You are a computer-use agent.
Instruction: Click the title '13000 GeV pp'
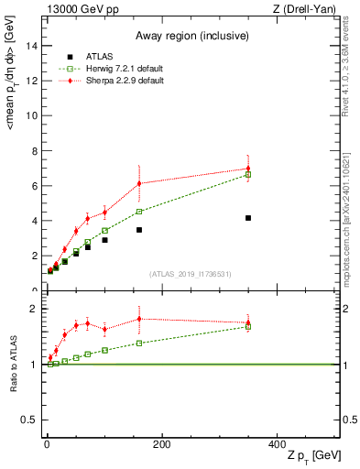pyautogui.click(x=77, y=8)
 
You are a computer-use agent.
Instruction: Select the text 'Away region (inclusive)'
pyautogui.click(x=191, y=36)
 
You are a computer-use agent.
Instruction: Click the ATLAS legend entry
pyautogui.click(x=102, y=56)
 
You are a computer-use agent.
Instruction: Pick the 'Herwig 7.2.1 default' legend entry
pyautogui.click(x=126, y=68)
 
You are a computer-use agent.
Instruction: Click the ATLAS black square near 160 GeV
pyautogui.click(x=139, y=230)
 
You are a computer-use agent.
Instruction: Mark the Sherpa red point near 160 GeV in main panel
pyautogui.click(x=139, y=183)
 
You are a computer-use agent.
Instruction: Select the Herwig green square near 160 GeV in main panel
pyautogui.click(x=139, y=212)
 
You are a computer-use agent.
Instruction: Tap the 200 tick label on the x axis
pyautogui.click(x=162, y=444)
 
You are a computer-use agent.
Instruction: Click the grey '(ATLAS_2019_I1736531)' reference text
pyautogui.click(x=191, y=274)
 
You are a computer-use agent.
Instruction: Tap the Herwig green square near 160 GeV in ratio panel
pyautogui.click(x=139, y=344)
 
